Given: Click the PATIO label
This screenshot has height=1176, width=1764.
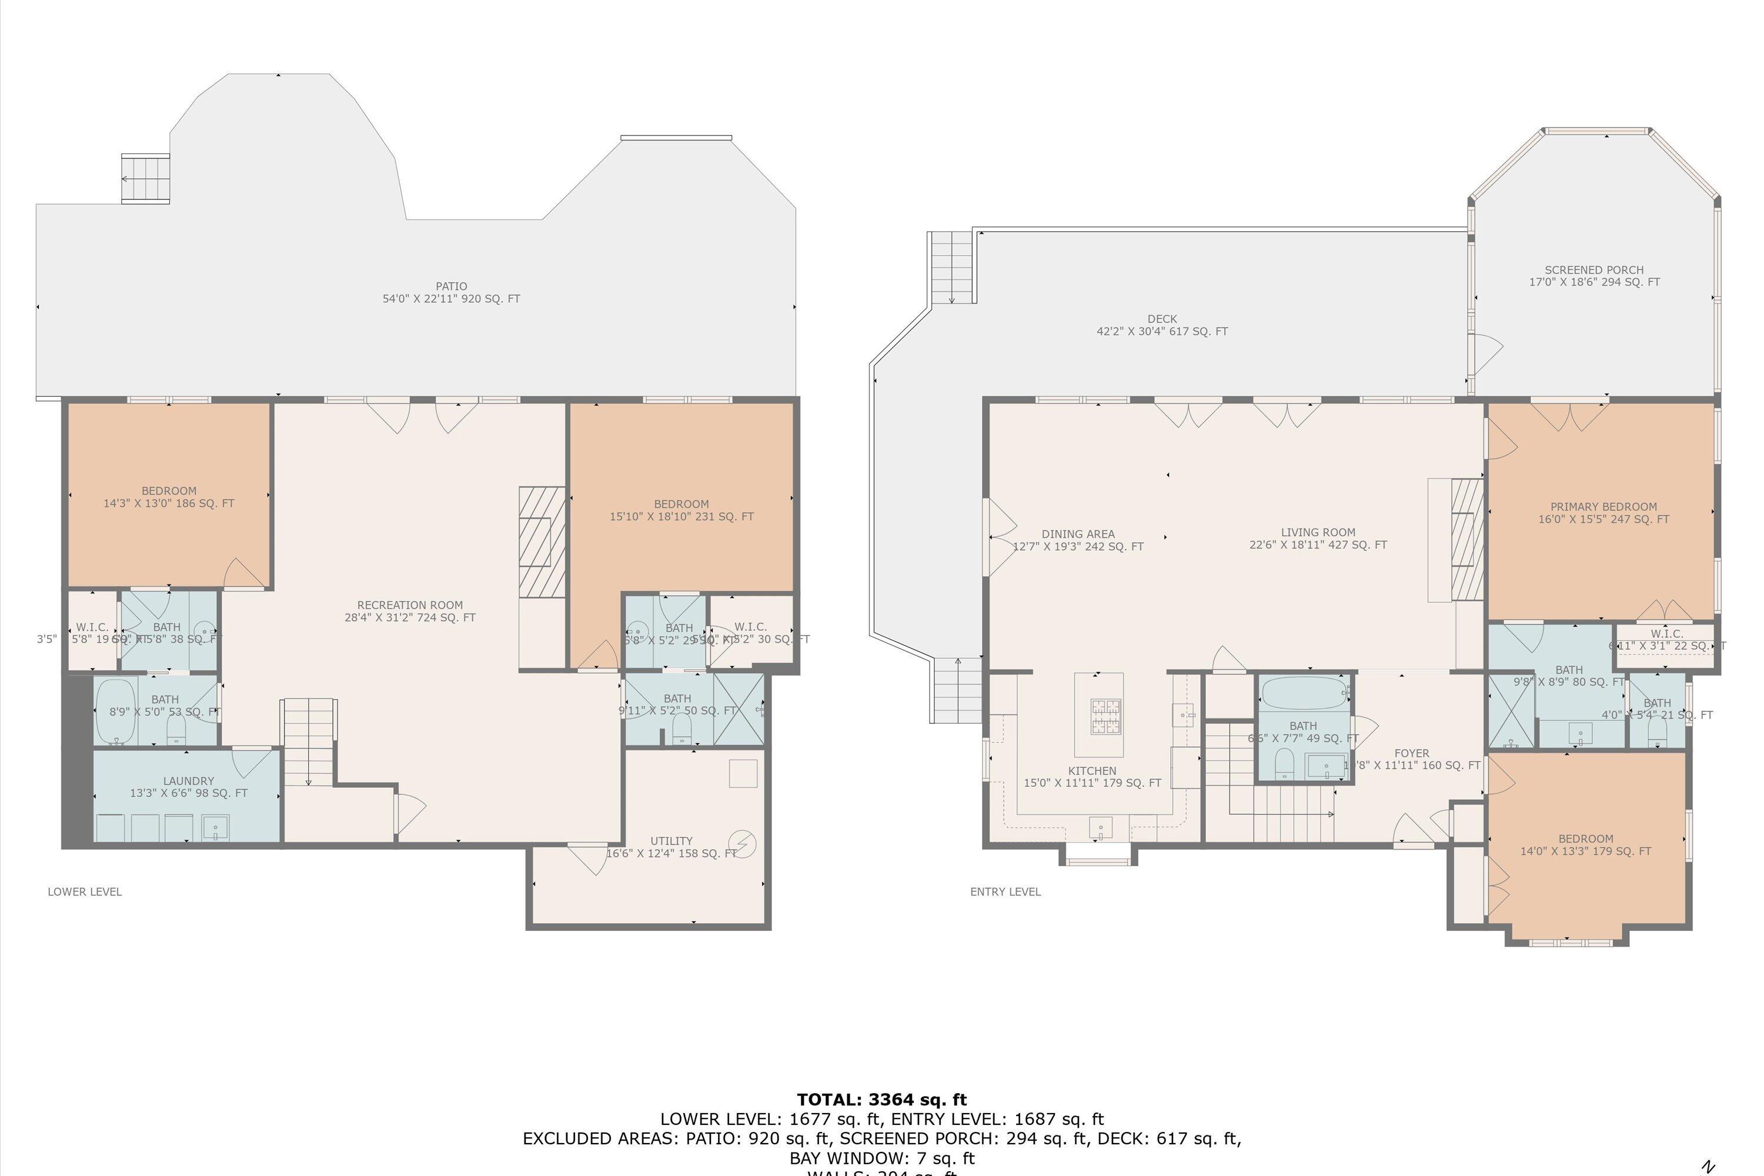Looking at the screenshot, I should [451, 292].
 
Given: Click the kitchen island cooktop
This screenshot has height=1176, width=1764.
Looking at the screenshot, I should [1105, 716].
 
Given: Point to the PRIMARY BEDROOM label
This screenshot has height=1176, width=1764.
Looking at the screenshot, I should [1603, 513].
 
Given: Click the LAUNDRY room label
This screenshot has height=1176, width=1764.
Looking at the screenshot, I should [188, 787].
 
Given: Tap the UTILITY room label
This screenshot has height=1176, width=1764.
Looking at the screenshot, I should [671, 847].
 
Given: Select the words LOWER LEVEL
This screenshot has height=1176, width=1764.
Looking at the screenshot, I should [85, 892].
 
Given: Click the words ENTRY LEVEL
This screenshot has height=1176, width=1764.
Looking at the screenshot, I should [1005, 892].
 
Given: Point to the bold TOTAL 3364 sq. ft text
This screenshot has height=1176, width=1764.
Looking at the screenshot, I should [881, 1100].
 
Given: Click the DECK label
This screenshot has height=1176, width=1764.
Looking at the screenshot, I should [1162, 325].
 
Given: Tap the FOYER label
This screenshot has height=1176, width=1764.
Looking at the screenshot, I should [1412, 754].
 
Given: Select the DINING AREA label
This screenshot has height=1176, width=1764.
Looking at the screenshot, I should [1078, 540].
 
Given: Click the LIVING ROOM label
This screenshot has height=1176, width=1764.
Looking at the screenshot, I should [1318, 539].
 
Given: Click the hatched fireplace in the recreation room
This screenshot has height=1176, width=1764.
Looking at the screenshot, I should [542, 542].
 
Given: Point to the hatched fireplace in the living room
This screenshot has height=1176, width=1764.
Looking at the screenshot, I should [1468, 540].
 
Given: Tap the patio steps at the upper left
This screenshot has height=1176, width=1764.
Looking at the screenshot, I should [145, 179].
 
